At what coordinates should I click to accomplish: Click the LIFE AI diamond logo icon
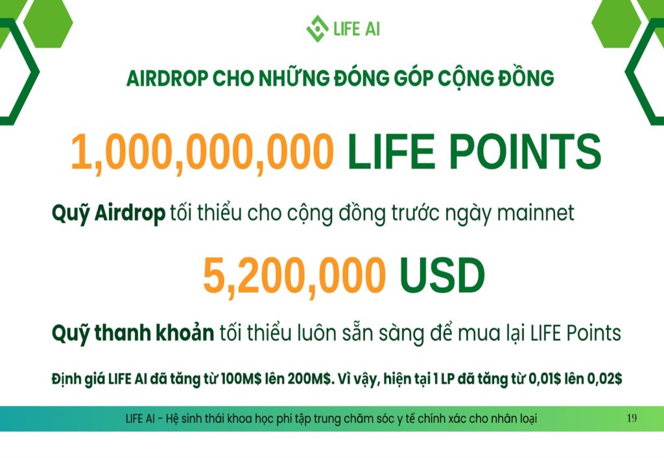coord(317,29)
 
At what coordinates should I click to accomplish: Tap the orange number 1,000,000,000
coord(202,152)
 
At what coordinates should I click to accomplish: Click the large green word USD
coord(442,276)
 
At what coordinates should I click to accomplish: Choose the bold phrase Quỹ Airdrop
coord(108,213)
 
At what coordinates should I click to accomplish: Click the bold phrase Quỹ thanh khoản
coord(132,333)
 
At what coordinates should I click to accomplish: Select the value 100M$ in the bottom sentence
coord(241,378)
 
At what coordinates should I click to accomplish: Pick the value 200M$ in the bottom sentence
coord(309,378)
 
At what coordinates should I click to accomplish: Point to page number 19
coord(632,418)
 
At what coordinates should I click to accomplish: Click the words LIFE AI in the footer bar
coord(140,418)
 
